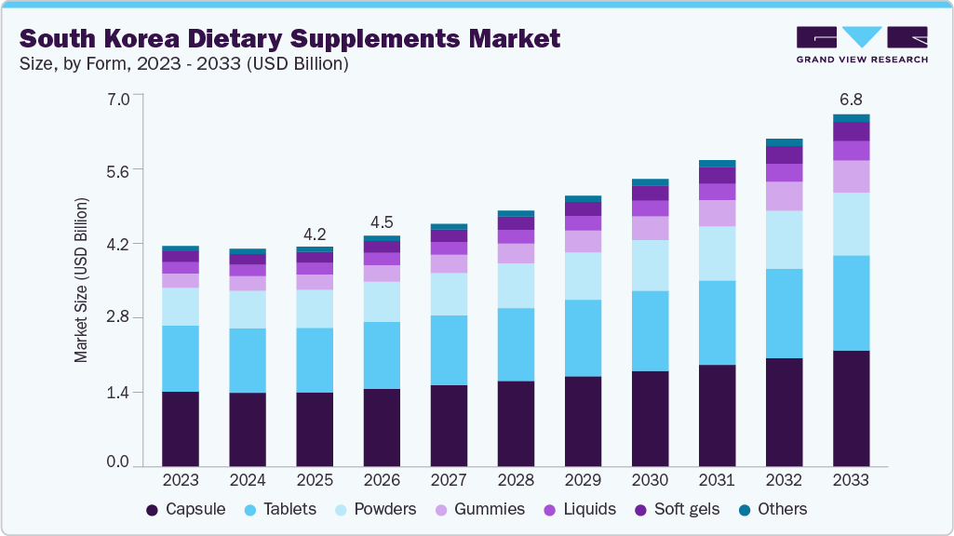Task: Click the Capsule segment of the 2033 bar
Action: click(x=851, y=408)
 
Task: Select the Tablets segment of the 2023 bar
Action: click(x=180, y=358)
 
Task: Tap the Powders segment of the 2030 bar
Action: click(x=650, y=265)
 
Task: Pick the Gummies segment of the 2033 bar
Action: click(x=851, y=176)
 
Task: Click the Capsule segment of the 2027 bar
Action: click(x=449, y=425)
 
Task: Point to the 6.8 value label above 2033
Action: click(x=851, y=99)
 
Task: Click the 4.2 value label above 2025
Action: click(x=315, y=234)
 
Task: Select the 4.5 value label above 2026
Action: click(x=382, y=222)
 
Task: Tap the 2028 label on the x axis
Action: click(x=516, y=480)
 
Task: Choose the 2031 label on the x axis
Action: click(x=717, y=480)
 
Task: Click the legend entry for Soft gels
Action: click(x=677, y=509)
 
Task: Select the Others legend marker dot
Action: click(x=746, y=510)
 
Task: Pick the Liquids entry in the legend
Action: click(x=581, y=509)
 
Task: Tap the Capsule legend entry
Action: click(x=186, y=509)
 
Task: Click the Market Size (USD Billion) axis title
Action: click(x=82, y=280)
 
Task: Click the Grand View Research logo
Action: click(x=861, y=44)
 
